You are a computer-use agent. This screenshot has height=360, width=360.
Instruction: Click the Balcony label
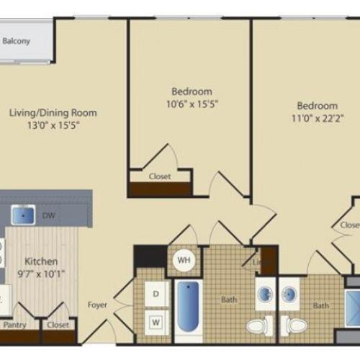[x=16, y=41]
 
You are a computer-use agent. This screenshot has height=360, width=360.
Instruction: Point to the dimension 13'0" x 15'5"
[x=53, y=125]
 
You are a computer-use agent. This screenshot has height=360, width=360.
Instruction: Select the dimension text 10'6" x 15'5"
[x=192, y=104]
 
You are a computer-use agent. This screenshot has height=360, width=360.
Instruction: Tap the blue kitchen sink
[x=25, y=214]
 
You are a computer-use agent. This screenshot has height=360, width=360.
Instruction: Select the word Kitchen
[x=42, y=262]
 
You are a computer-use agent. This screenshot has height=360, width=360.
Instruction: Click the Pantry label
[x=15, y=325]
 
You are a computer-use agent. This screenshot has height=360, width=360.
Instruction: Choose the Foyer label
[x=97, y=305]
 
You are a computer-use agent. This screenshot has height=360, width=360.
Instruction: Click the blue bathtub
[x=189, y=306]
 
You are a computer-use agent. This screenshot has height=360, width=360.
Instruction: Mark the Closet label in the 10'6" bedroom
[x=160, y=176]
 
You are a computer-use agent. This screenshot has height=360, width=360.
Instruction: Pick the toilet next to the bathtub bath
[x=258, y=326]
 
